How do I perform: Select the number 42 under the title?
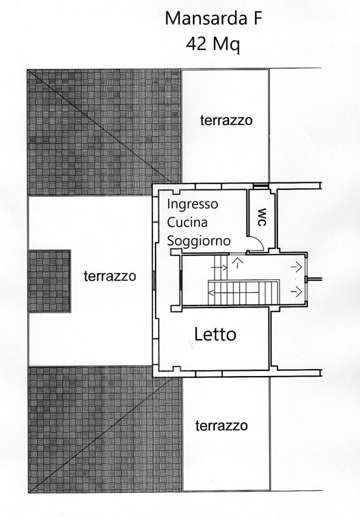(x=196, y=44)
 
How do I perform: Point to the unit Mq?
(x=226, y=45)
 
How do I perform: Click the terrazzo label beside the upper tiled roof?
(x=226, y=120)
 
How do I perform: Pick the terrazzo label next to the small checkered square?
(x=110, y=276)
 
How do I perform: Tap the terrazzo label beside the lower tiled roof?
(x=222, y=426)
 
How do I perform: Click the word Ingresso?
(x=192, y=205)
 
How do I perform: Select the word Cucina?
(x=187, y=222)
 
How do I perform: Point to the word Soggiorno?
(x=199, y=241)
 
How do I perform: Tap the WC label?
(x=262, y=217)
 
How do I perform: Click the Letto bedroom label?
(x=215, y=334)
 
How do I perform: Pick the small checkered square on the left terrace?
(x=49, y=281)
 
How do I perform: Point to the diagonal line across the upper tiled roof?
(x=99, y=126)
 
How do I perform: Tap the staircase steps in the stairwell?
(x=244, y=292)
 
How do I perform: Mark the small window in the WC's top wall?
(x=260, y=186)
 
